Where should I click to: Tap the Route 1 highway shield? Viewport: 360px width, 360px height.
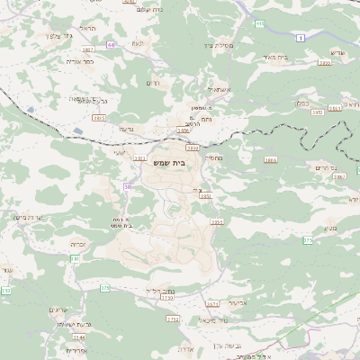coord(300,36)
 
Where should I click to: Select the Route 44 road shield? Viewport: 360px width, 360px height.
coord(110,44)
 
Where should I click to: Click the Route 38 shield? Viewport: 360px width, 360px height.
coord(128,186)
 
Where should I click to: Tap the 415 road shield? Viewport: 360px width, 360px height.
coord(260,24)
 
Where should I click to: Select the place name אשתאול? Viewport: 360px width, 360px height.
coord(217,89)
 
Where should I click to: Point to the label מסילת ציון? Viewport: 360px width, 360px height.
coord(218,44)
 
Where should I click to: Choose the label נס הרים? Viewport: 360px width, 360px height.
coord(325,168)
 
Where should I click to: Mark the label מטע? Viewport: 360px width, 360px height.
coord(330,229)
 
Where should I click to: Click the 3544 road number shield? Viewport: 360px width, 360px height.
coord(79,337)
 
